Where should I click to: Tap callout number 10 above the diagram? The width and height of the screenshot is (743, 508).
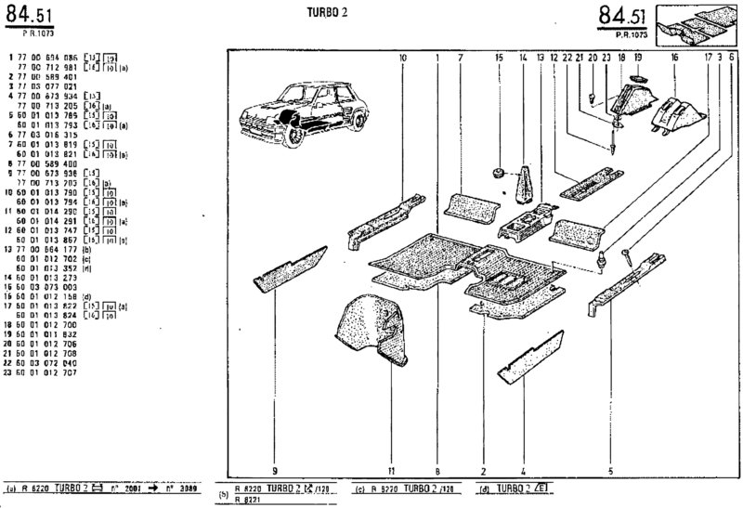[404, 58]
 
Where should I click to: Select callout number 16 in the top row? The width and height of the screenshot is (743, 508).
[674, 58]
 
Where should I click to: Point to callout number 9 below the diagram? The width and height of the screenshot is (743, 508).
[276, 469]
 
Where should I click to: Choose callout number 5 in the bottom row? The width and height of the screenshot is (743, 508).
[609, 469]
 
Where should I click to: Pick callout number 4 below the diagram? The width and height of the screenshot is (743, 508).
[523, 469]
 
